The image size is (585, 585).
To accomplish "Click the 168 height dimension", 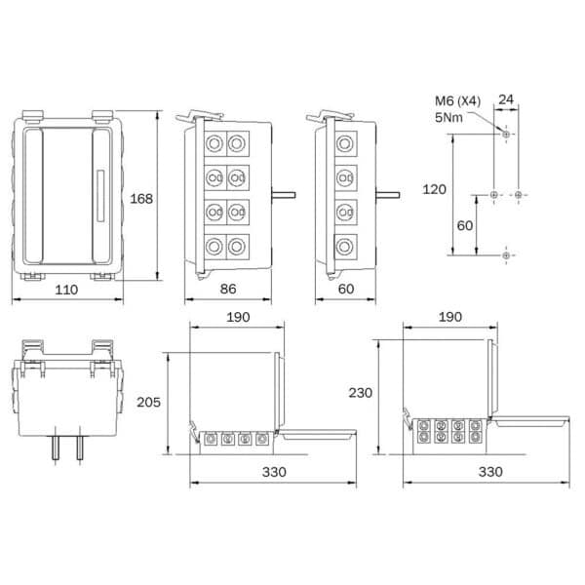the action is [x=141, y=199].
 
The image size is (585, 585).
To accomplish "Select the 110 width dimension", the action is [x=66, y=290].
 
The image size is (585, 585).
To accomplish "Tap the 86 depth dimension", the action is [x=228, y=289].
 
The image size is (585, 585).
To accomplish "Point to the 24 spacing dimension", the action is [x=506, y=99].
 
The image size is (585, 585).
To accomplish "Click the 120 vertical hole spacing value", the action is [x=434, y=189].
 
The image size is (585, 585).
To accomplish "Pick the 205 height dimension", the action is [x=148, y=402].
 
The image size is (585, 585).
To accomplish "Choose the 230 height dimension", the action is [x=361, y=393].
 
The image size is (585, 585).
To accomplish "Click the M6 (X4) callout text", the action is [x=458, y=100].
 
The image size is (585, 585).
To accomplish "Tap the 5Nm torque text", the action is [x=448, y=118].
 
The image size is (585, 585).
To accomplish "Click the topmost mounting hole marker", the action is [x=506, y=134].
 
